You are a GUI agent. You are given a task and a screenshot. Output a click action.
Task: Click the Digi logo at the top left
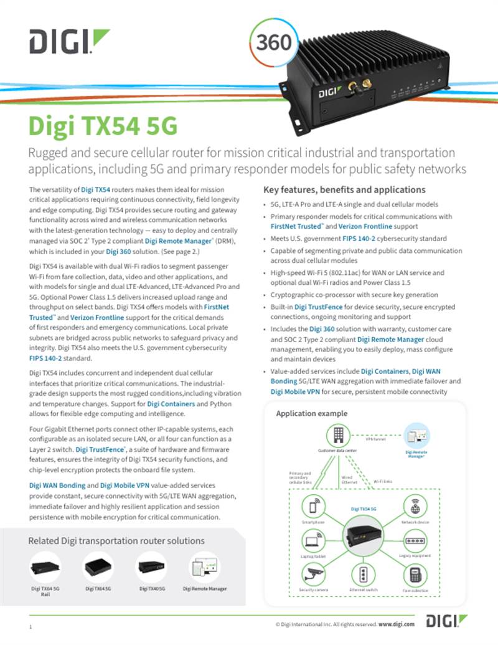[x=69, y=42]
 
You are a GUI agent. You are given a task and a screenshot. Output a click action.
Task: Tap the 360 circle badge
[x=273, y=42]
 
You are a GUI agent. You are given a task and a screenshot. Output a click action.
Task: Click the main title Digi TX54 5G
[x=103, y=125]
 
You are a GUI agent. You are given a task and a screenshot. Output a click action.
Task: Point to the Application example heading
[x=311, y=414]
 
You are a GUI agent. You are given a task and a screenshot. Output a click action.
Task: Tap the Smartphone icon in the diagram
[x=312, y=505]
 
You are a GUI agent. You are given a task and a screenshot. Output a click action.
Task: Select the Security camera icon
[x=312, y=575]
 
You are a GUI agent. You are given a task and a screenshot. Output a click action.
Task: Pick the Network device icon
[x=415, y=505]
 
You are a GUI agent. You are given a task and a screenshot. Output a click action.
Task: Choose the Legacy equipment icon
[x=415, y=540]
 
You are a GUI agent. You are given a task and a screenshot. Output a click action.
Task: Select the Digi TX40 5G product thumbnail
[x=152, y=566]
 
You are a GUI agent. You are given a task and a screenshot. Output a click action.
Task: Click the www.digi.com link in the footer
[x=397, y=624]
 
